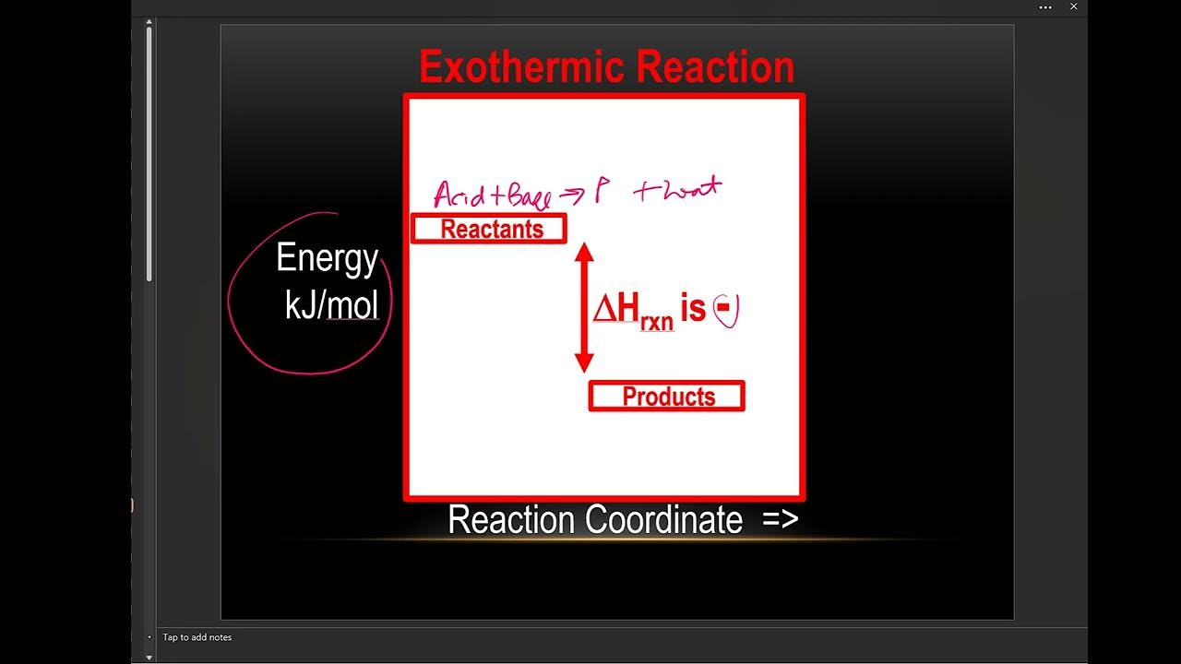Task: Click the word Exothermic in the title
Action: pos(522,68)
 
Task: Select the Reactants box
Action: pos(489,229)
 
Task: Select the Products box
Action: pos(667,397)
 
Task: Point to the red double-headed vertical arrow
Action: pos(583,307)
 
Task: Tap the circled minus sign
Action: pos(726,310)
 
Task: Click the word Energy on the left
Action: pos(327,259)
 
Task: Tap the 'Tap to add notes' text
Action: pos(197,637)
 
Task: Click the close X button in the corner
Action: pos(1074,7)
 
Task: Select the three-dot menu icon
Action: pos(1045,7)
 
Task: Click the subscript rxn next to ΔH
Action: pos(657,323)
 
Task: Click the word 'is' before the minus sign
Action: pos(693,309)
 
